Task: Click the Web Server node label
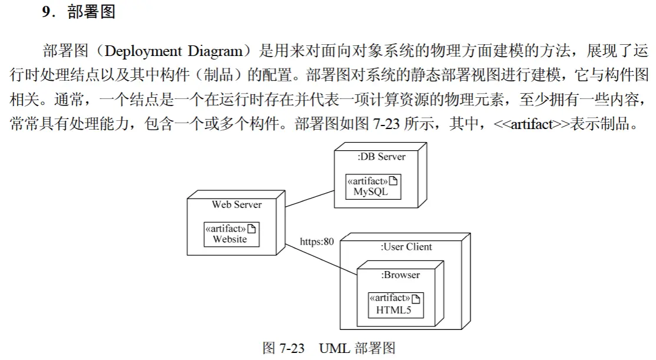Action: pos(236,204)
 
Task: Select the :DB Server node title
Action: pos(381,157)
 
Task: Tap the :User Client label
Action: pos(406,246)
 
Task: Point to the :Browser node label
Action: pos(400,275)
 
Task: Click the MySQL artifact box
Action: pos(373,187)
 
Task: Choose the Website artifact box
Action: pos(231,235)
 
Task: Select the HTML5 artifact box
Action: pos(396,305)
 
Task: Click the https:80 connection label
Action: pos(317,242)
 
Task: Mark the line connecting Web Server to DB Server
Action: pos(310,199)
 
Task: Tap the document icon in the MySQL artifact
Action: pos(393,181)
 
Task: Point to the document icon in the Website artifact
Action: pos(251,229)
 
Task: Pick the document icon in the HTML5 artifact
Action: pos(416,299)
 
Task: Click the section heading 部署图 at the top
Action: pos(91,12)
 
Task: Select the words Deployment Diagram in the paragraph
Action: pos(174,51)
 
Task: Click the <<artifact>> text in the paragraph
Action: pos(531,124)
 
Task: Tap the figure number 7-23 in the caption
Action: pos(291,348)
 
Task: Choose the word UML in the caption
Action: pos(334,348)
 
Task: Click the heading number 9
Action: pos(48,12)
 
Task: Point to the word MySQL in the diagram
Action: pos(370,191)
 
